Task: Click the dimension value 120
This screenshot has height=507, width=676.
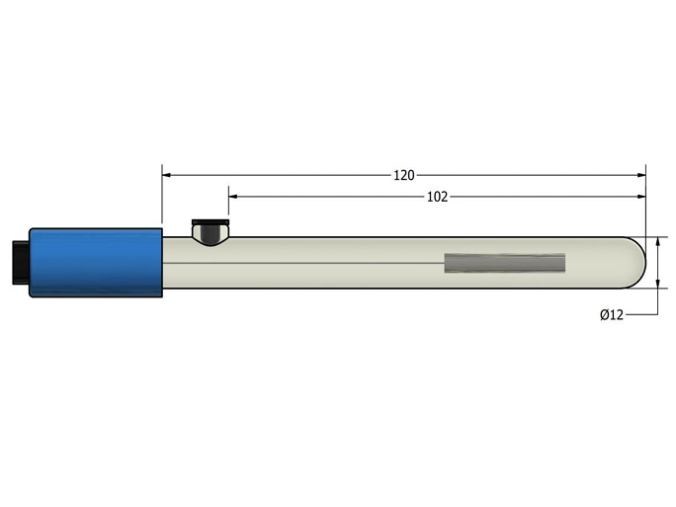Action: [403, 175]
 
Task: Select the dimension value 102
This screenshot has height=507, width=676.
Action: [437, 197]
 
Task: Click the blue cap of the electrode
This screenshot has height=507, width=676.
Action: [96, 262]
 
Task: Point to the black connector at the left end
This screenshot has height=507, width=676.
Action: [19, 262]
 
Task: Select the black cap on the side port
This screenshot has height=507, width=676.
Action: [209, 222]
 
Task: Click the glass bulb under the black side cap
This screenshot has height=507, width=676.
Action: [209, 235]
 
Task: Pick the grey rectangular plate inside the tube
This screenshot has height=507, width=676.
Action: [505, 263]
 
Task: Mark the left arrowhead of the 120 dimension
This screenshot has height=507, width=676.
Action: [168, 175]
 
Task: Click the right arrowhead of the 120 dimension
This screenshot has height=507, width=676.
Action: [639, 175]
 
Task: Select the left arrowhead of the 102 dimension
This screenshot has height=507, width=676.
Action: [234, 197]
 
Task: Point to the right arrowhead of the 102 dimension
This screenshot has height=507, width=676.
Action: [639, 197]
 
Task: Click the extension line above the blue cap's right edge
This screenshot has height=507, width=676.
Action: [162, 198]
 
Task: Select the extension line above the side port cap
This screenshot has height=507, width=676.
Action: [228, 205]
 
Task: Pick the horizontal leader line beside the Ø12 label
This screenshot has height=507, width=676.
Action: [641, 315]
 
